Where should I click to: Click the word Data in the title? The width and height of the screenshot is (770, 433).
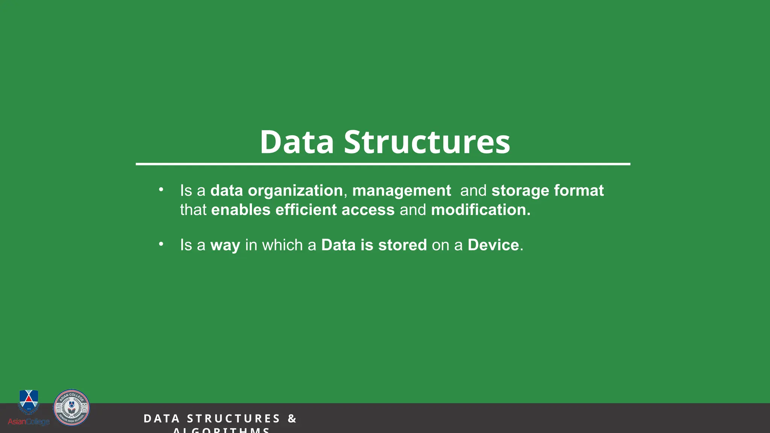click(x=297, y=142)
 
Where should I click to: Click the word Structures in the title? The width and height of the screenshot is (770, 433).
click(x=427, y=142)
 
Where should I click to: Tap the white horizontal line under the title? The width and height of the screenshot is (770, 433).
click(x=383, y=164)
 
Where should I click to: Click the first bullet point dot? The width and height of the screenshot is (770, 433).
click(x=161, y=190)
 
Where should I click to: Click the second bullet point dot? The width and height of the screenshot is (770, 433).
click(x=161, y=244)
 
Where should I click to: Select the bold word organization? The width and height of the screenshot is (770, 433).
click(x=295, y=191)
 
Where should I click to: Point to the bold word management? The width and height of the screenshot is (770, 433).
click(x=401, y=191)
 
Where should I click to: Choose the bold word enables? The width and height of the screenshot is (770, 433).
click(x=241, y=210)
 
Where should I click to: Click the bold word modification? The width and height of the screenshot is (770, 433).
click(x=480, y=210)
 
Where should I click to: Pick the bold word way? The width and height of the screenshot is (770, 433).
click(x=225, y=245)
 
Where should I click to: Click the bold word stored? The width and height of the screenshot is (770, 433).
click(x=402, y=245)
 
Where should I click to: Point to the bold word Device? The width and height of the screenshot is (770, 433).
click(x=493, y=245)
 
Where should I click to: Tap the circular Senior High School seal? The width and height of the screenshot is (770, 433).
click(x=71, y=407)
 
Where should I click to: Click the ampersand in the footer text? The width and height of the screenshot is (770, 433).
click(x=292, y=418)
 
